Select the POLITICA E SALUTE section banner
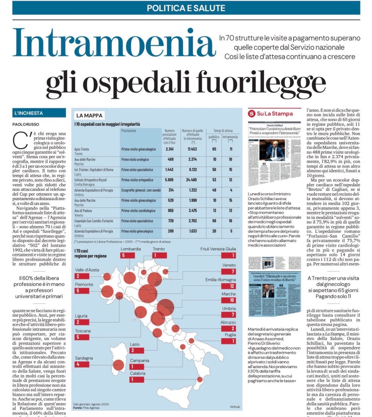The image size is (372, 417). tap(186, 8)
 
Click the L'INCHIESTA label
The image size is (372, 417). tap(28, 113)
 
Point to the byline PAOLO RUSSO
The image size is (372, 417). tap(28, 125)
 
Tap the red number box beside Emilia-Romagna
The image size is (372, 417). tap(228, 286)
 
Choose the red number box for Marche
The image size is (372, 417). tap(228, 300)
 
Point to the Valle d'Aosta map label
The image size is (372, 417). tap(89, 269)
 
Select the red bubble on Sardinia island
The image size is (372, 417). tap(118, 365)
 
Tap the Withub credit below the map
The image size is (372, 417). tap(235, 407)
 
